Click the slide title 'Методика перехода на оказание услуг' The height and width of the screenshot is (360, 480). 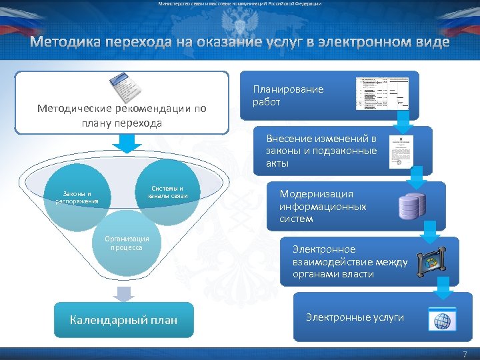tap(239, 43)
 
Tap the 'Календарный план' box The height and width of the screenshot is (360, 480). tap(123, 320)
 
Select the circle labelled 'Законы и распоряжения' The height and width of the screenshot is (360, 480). tap(77, 198)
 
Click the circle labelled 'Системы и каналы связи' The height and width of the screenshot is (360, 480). tap(167, 192)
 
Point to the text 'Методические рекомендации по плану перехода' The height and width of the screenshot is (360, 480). tap(122, 115)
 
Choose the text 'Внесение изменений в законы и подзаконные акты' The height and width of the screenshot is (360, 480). tap(321, 151)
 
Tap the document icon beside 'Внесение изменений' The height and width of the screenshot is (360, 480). tap(401, 152)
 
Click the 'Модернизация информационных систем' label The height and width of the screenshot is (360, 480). tap(323, 206)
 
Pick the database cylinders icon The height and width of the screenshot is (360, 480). tap(412, 206)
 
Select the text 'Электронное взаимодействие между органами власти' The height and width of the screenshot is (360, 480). tap(349, 261)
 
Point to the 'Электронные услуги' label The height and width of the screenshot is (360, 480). tap(355, 317)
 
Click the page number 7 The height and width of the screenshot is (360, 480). tap(465, 353)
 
